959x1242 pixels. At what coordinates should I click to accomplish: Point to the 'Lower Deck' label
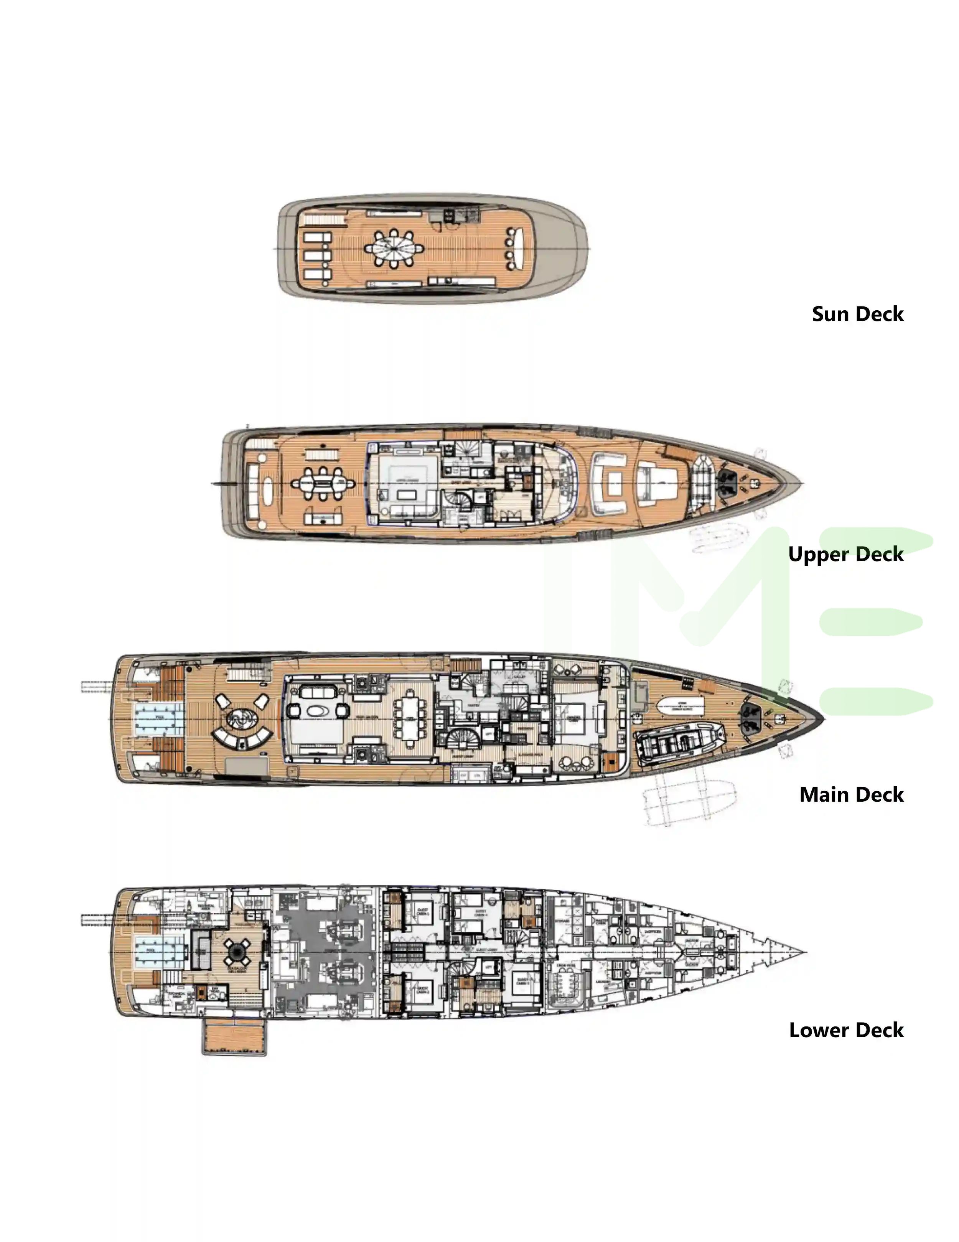846,1030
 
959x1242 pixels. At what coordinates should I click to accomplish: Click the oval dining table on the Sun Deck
393,249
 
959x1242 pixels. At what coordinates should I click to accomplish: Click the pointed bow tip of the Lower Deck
803,951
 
